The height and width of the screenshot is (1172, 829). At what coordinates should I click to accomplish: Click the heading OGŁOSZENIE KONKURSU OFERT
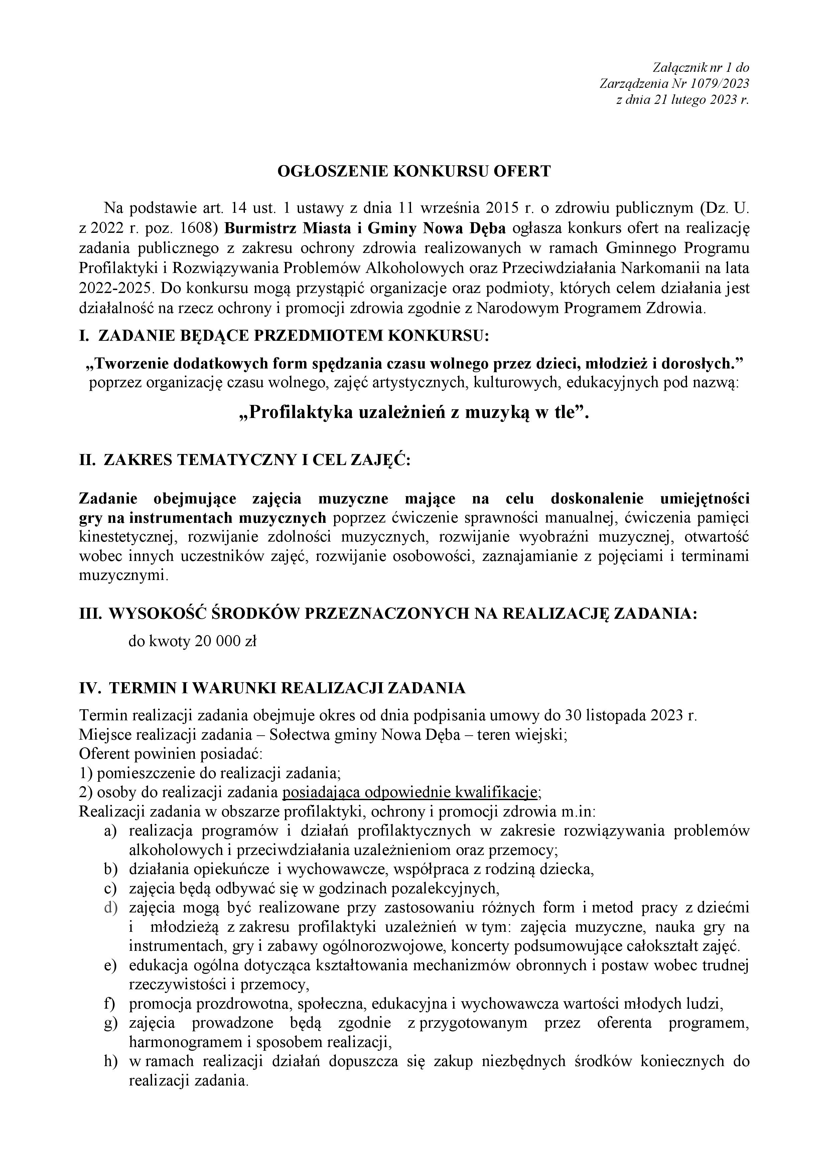click(414, 171)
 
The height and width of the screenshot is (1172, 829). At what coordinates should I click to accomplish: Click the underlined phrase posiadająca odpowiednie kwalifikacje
click(410, 792)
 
